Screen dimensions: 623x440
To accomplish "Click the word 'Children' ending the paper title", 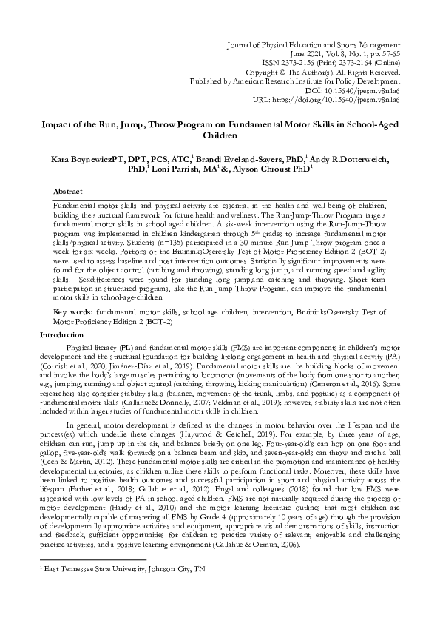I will pyautogui.click(x=220, y=135).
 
